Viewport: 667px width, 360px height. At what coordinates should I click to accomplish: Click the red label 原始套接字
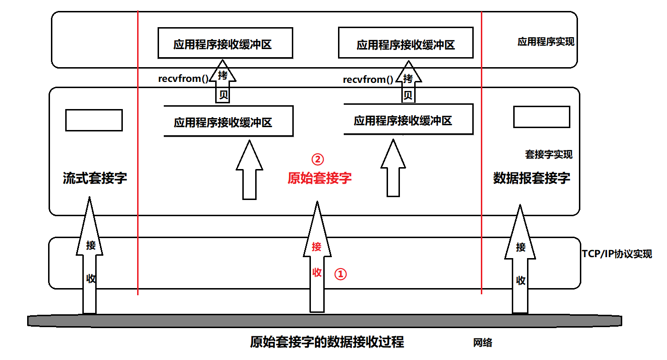point(319,178)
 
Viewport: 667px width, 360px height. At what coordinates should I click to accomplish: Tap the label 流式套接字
point(95,178)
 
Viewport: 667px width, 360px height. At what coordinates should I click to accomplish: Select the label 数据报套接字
point(531,178)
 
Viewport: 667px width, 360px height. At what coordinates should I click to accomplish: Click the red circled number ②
point(317,159)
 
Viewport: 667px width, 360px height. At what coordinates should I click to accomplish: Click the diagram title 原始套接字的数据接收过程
point(327,342)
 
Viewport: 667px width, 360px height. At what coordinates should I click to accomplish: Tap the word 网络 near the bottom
point(483,342)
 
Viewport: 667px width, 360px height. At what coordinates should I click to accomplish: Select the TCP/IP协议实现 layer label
point(617,253)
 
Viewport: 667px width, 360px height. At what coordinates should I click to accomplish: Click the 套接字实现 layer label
point(548,154)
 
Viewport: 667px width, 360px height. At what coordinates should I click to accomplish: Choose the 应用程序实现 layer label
point(546,41)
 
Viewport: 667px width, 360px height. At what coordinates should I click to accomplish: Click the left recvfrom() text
point(183,79)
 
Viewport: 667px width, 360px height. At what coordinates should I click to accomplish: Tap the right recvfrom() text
point(368,80)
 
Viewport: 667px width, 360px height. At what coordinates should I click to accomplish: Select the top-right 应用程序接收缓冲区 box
point(406,45)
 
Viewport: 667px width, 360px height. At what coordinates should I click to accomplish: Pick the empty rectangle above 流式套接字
point(94,120)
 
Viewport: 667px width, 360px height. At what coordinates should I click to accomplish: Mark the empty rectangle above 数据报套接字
point(541,117)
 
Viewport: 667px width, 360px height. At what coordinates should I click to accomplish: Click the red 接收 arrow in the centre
point(317,260)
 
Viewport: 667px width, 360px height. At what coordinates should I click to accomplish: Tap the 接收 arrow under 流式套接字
point(90,260)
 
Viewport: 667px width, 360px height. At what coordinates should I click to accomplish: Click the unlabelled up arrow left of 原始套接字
point(249,171)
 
